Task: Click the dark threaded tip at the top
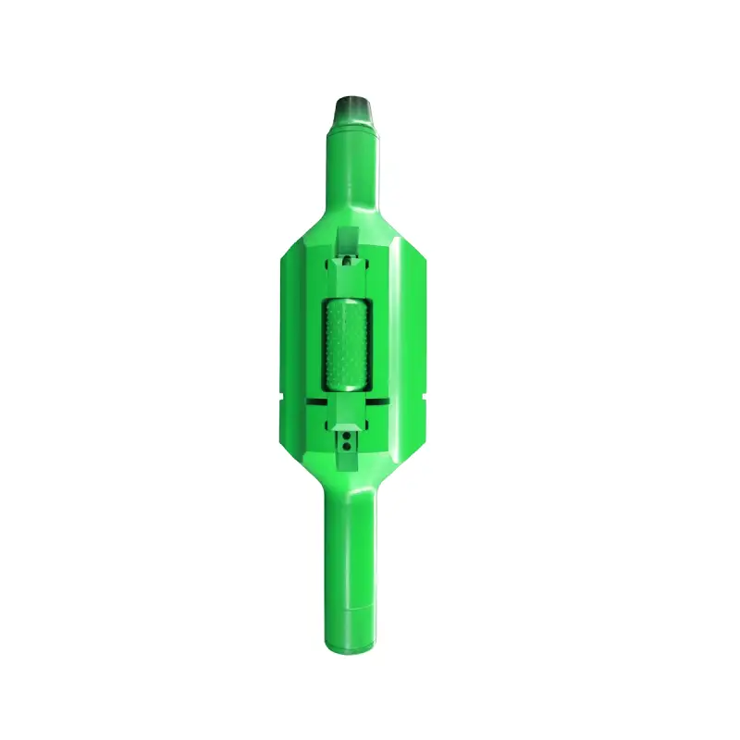(354, 103)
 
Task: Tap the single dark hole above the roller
(346, 260)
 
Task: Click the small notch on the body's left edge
(281, 398)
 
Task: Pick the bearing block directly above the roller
(347, 277)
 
